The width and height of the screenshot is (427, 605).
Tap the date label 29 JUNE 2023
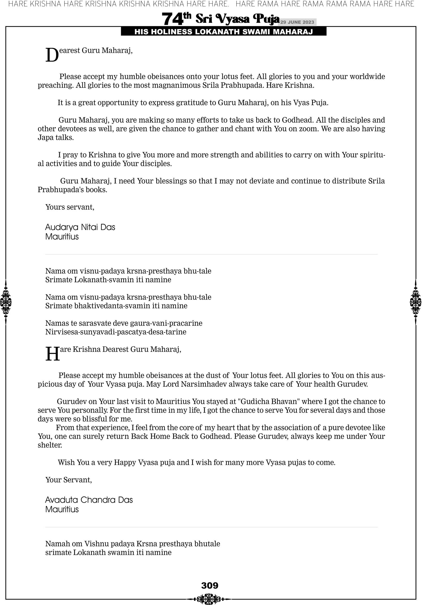(297, 22)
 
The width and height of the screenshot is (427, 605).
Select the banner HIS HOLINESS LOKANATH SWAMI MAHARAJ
(224, 32)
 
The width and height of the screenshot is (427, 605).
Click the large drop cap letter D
(52, 55)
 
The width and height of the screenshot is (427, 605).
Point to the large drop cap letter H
(52, 354)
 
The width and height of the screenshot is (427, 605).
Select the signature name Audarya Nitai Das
(80, 227)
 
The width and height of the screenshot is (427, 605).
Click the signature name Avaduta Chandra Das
(89, 500)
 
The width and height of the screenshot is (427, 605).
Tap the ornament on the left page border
(6, 302)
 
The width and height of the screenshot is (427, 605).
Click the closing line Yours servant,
(70, 207)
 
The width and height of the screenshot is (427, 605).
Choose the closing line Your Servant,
(68, 480)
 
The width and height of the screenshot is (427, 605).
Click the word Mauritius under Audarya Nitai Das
(62, 237)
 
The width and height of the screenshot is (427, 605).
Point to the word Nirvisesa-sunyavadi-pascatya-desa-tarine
(116, 332)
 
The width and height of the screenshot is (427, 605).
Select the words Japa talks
(56, 137)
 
